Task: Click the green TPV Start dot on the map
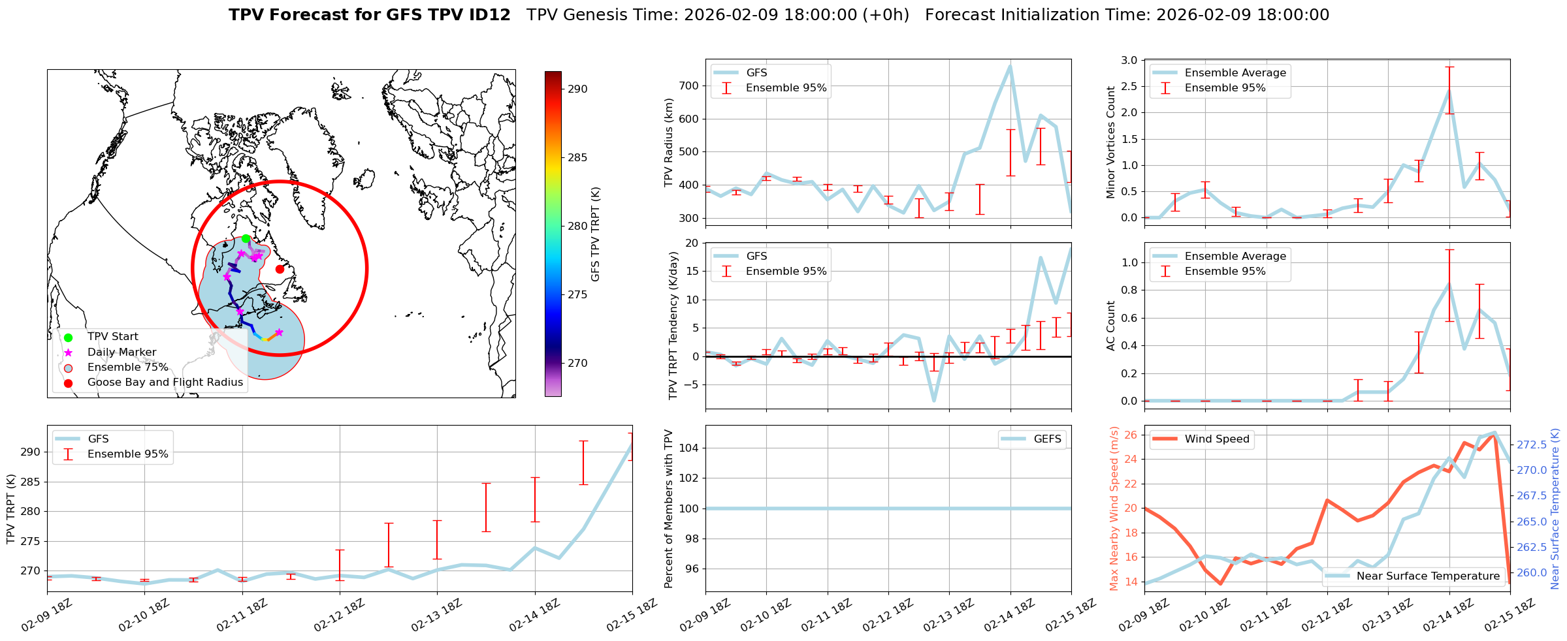pos(246,239)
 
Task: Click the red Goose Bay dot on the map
pos(280,269)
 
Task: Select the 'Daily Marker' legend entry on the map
pos(121,352)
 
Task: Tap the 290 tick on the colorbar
pos(577,89)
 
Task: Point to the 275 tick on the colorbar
pos(577,295)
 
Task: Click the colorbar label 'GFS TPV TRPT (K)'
pos(595,234)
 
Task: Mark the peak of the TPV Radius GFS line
pos(1010,66)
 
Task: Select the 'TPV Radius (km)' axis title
pos(668,142)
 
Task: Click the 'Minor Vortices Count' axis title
pos(1111,142)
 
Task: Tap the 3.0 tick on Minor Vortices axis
pos(1129,61)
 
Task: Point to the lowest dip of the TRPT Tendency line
pos(934,401)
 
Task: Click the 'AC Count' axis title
pos(1111,326)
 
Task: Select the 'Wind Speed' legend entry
pos(1216,439)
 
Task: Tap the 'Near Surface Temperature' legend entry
pos(1428,576)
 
